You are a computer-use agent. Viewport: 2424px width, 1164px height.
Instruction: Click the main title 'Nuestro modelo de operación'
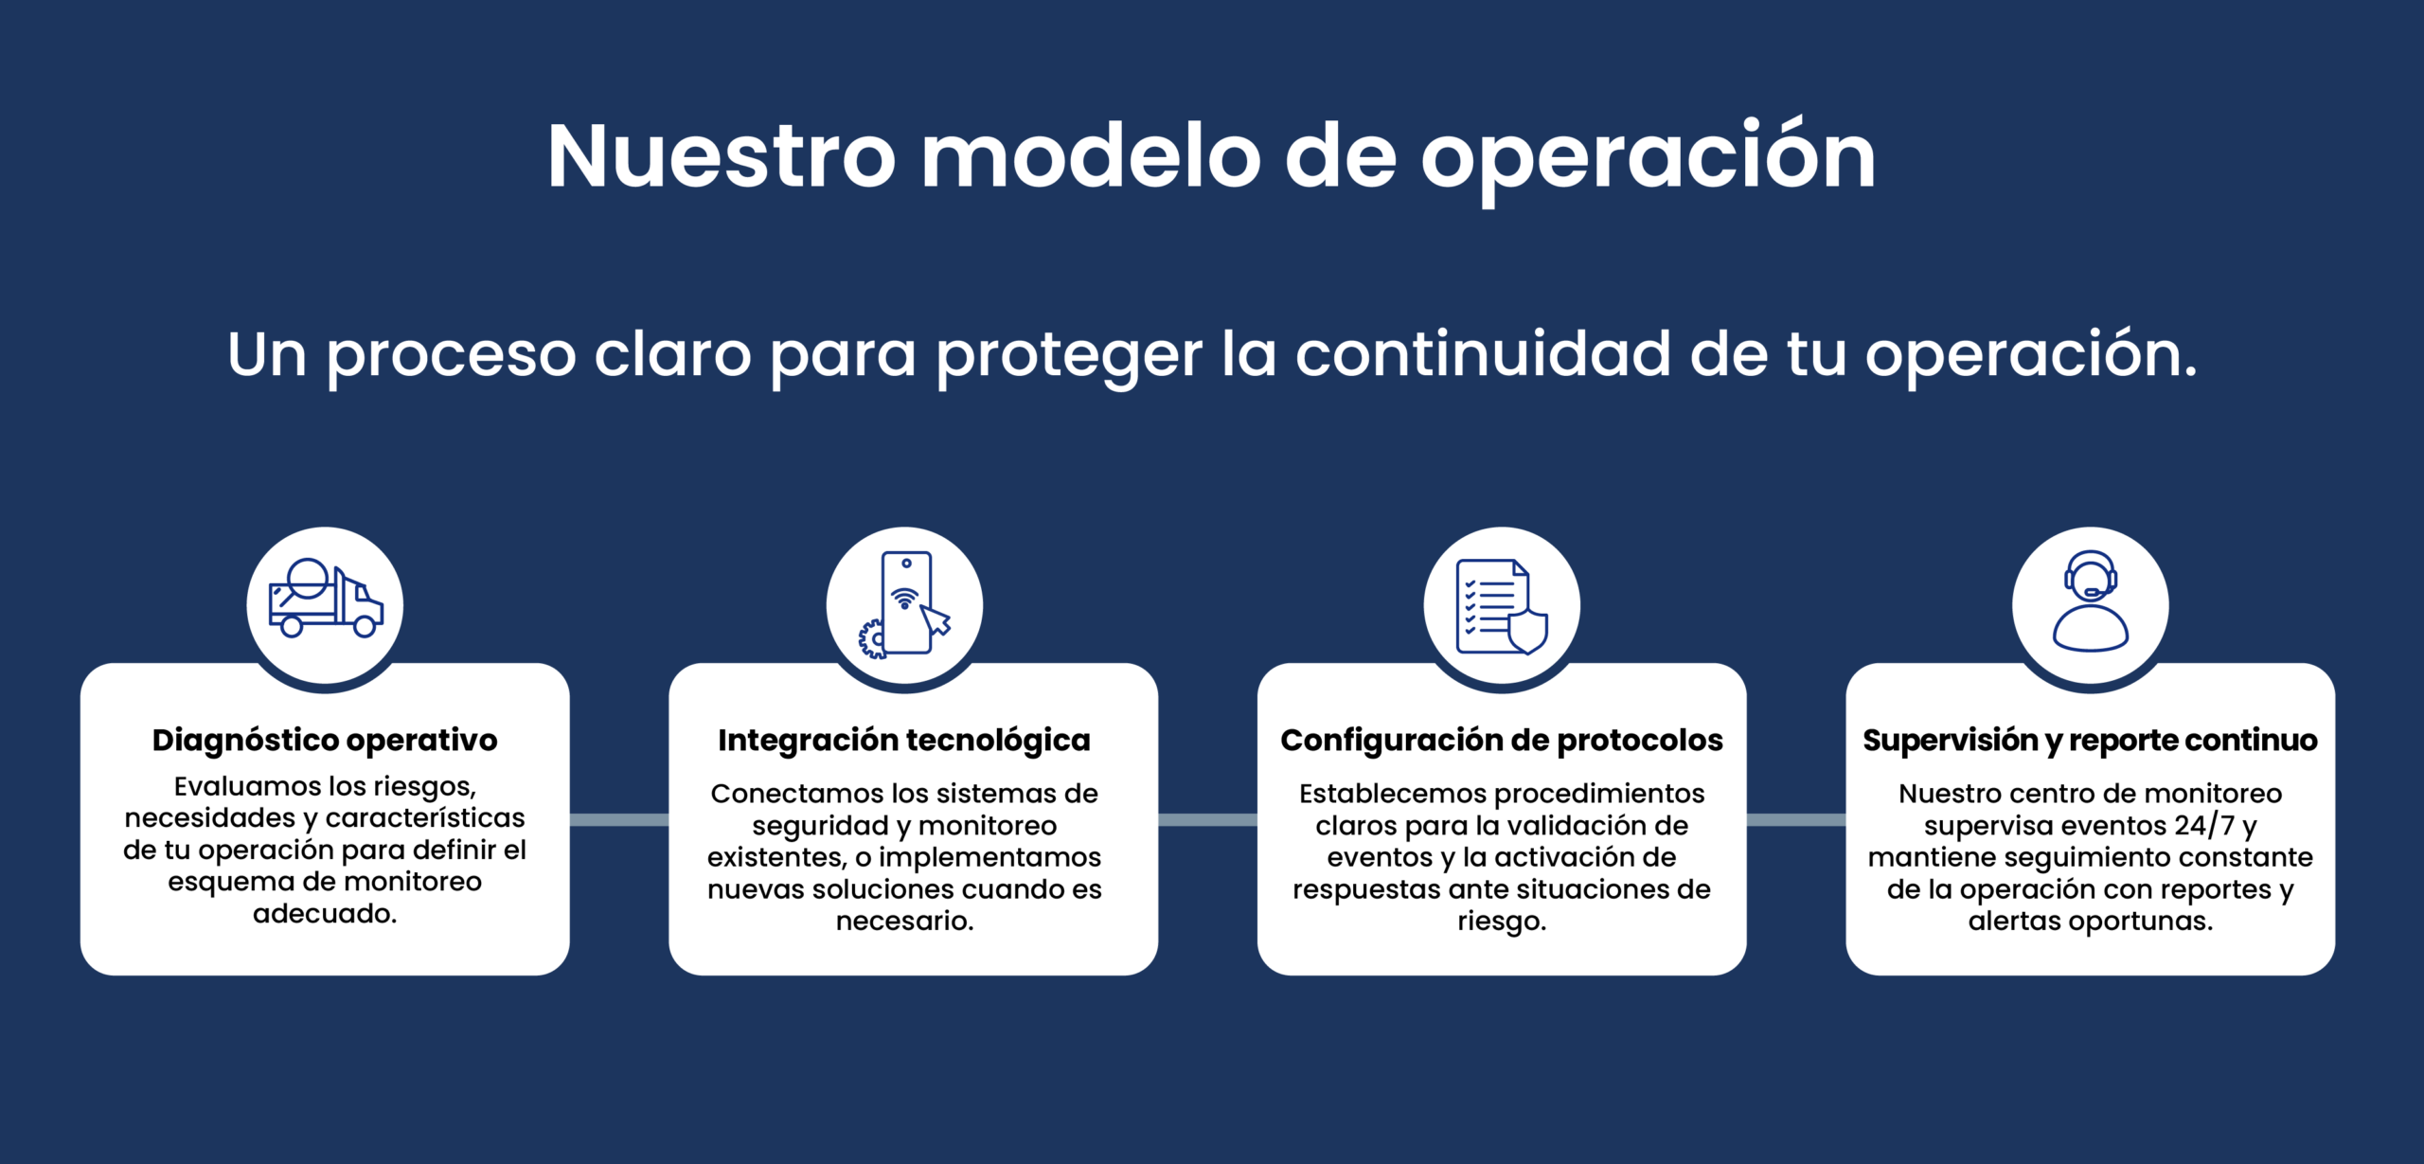[x=1212, y=156]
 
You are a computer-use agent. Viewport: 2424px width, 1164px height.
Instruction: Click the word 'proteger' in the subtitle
[x=1070, y=356]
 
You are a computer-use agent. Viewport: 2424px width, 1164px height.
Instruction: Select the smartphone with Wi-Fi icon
[x=904, y=604]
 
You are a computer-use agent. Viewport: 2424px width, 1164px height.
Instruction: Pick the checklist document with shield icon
[x=1502, y=606]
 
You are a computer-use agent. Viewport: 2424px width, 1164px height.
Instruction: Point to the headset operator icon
[x=2090, y=601]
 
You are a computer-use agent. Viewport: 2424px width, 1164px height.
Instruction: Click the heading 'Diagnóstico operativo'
[x=325, y=740]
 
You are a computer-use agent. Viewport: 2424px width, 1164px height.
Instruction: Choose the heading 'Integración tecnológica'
[x=904, y=740]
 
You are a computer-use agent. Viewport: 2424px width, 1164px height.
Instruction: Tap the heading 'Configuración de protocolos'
[x=1502, y=740]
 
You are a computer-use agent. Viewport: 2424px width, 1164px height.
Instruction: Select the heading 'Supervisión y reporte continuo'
[x=2090, y=740]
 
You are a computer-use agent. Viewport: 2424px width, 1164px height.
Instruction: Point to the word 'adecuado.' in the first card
[x=325, y=914]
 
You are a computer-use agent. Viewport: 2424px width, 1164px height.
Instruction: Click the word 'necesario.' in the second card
[x=904, y=921]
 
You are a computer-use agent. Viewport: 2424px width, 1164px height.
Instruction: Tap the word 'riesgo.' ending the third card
[x=1502, y=922]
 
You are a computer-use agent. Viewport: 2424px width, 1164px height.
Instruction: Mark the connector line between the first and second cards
[x=619, y=819]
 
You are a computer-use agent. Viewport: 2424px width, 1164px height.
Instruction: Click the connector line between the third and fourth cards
[x=1796, y=819]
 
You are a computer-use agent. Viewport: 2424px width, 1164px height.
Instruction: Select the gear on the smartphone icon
[x=871, y=639]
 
